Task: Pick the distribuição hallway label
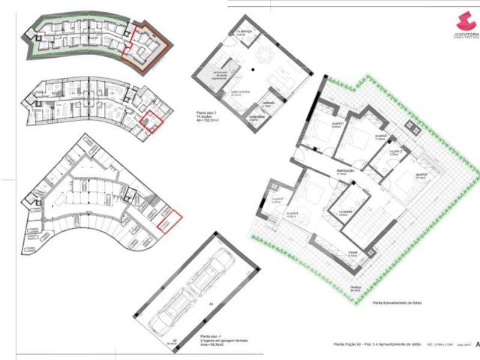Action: (x=345, y=172)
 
